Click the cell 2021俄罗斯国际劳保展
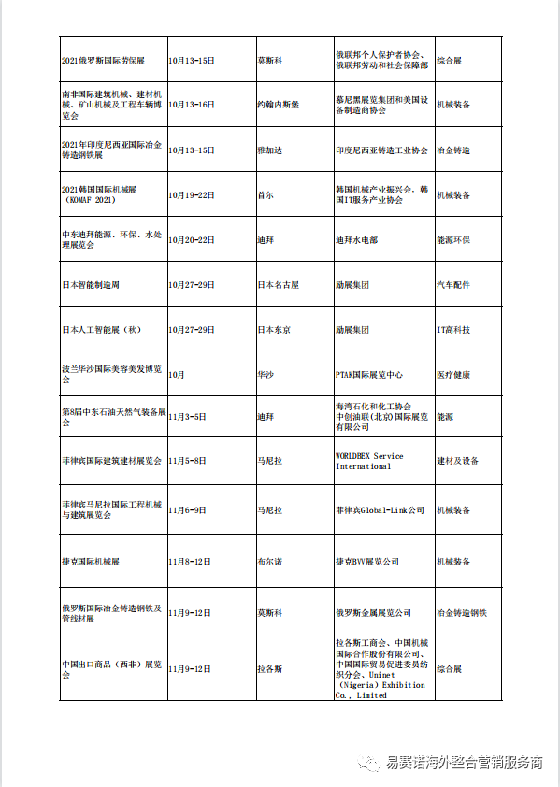click(x=103, y=61)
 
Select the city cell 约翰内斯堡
click(x=280, y=106)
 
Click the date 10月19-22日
click(x=192, y=195)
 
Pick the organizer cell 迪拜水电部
click(x=355, y=240)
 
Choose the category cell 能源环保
click(x=453, y=240)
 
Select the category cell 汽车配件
click(x=453, y=285)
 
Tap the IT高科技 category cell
click(x=453, y=330)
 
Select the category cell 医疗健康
click(x=453, y=375)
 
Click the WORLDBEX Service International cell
click(x=369, y=461)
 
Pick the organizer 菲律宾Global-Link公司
click(x=380, y=510)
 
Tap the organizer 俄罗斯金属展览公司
click(x=373, y=613)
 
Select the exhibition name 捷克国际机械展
click(x=91, y=562)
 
